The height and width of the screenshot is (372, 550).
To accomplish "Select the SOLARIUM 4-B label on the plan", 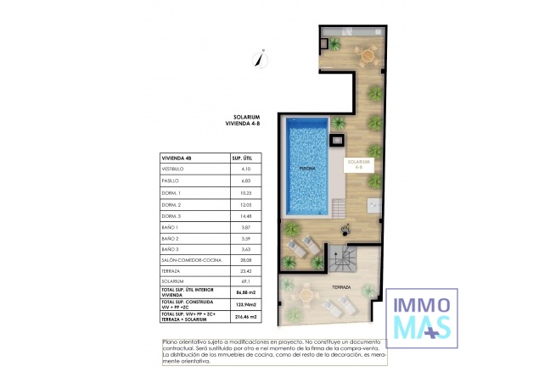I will coord(358,164).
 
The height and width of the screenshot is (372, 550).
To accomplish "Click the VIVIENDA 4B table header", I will coord(180,158).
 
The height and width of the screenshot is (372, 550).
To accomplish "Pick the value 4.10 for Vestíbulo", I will coord(246,169).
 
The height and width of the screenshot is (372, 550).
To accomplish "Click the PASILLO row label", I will coord(172,181).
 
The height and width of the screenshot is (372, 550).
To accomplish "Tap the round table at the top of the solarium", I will coord(368,54).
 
